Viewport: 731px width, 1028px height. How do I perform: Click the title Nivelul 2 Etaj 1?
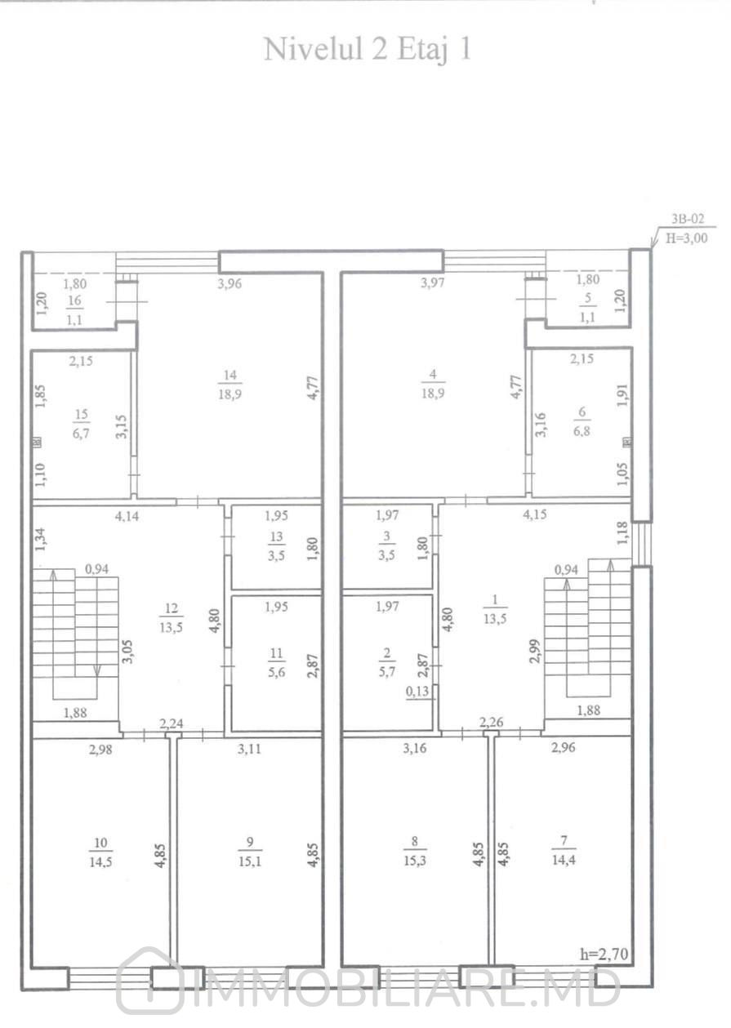(x=368, y=50)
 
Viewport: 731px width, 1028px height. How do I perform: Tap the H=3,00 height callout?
(x=686, y=238)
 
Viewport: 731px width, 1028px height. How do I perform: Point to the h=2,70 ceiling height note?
(x=604, y=955)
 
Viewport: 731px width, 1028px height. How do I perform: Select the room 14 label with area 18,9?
(x=230, y=385)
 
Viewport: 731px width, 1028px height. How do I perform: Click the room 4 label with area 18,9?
(x=433, y=384)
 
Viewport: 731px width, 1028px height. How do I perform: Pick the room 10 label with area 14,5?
(x=100, y=852)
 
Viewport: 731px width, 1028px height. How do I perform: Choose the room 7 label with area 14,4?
(x=564, y=850)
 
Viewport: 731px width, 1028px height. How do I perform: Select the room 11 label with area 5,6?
(x=276, y=662)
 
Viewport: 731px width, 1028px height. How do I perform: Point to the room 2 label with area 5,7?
(x=387, y=661)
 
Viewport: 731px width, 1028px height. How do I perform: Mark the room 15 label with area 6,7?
(x=82, y=424)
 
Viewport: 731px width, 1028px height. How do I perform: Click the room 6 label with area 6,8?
(x=582, y=421)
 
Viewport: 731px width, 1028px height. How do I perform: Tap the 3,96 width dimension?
(x=230, y=283)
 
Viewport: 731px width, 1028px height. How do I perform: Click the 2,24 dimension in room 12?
(x=172, y=723)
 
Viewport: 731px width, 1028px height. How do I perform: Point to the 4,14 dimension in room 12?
(x=127, y=516)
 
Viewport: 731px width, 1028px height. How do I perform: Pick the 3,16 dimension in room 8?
(x=415, y=748)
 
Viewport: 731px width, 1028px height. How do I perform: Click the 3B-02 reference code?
(x=688, y=219)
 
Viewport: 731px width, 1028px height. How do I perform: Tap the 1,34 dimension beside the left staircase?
(x=41, y=539)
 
